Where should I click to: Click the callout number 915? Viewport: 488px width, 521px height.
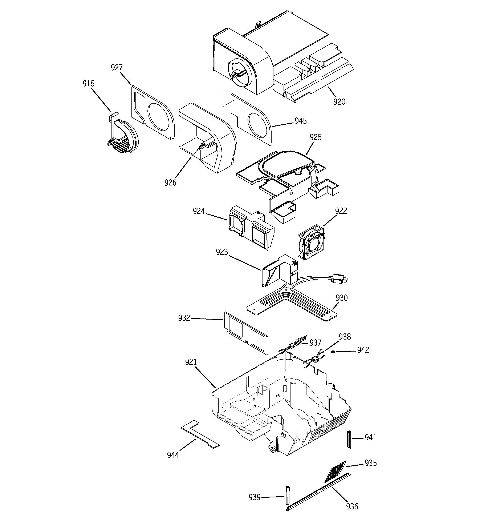(88, 84)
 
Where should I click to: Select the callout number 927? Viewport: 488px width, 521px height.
(117, 68)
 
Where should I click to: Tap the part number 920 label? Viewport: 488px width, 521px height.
(339, 102)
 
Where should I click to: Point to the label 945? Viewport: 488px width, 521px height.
(300, 121)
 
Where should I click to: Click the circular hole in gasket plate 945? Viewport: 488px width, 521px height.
(258, 125)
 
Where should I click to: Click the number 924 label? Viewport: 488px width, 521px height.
(199, 211)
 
